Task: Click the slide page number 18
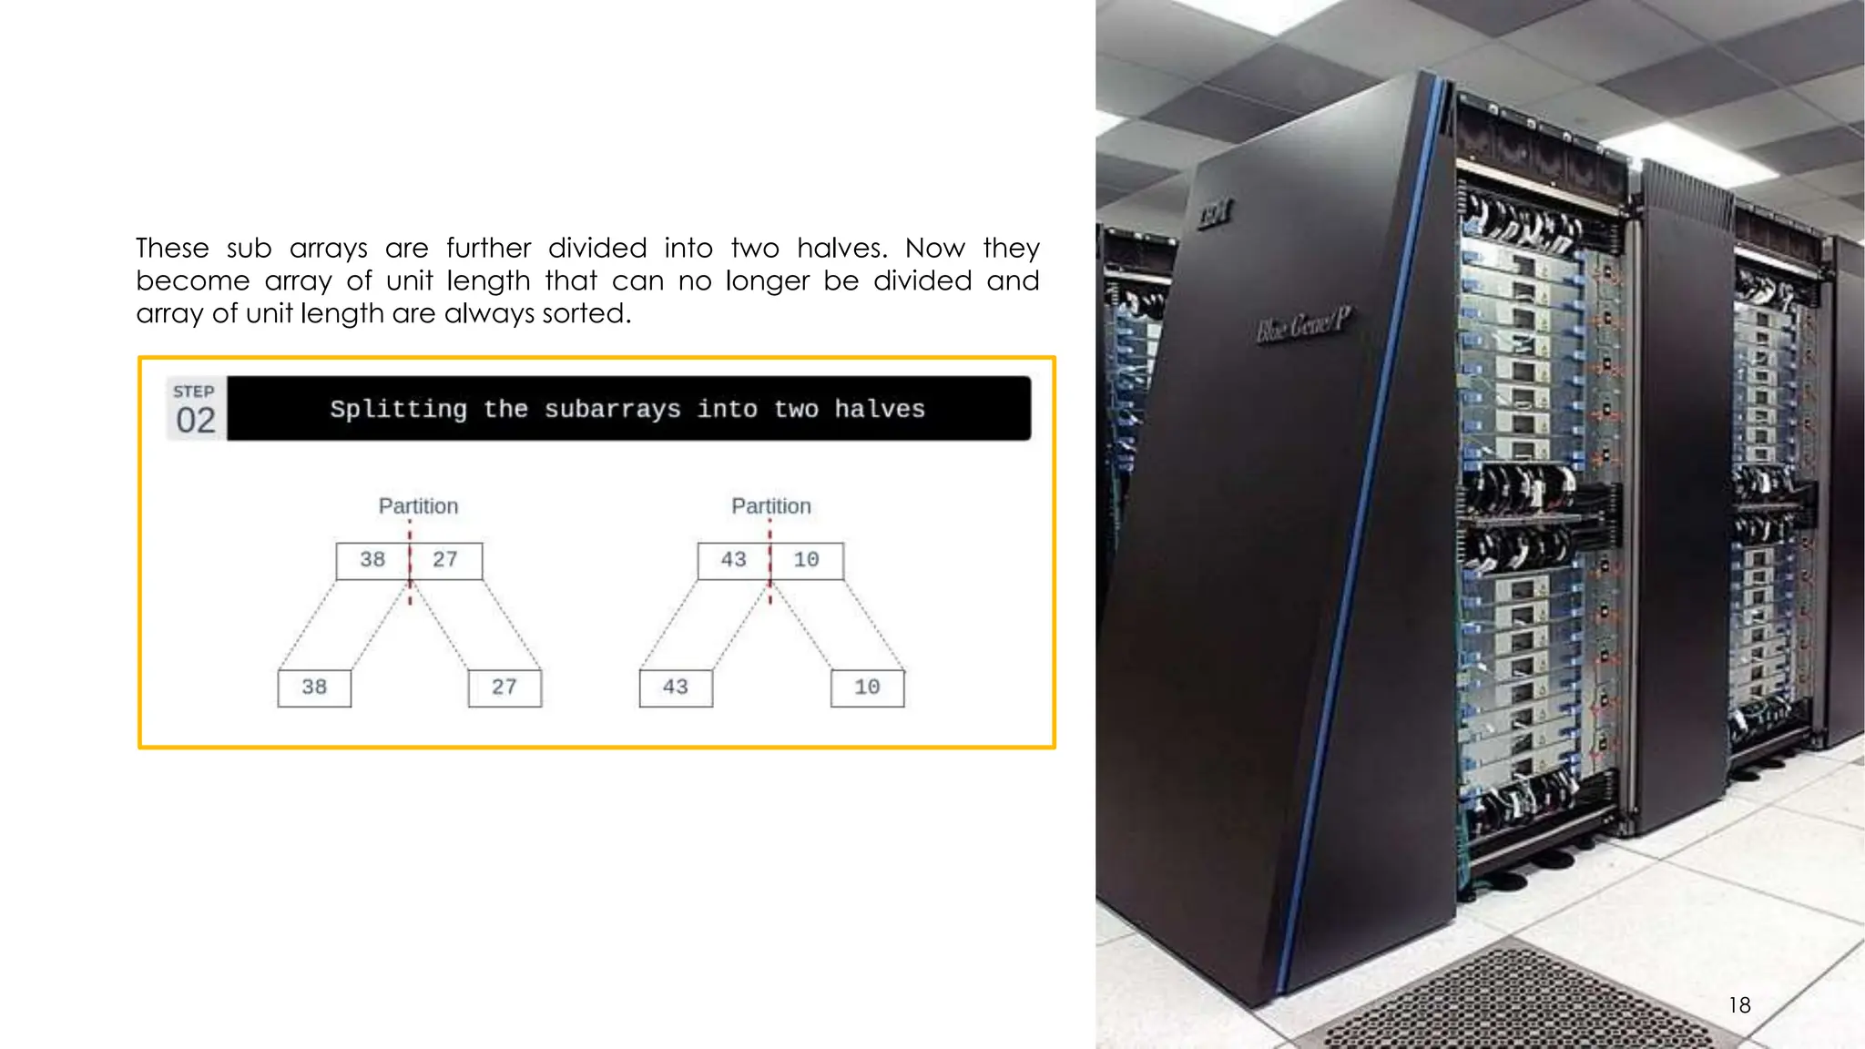click(1738, 1005)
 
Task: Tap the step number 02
click(196, 421)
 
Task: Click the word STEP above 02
click(194, 392)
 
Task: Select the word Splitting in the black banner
click(398, 410)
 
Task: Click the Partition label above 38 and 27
click(418, 506)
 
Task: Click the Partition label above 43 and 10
click(770, 506)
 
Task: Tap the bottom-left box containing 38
click(314, 687)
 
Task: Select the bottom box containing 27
click(504, 687)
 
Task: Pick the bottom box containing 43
click(676, 687)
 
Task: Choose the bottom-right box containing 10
click(867, 687)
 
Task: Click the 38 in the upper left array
click(372, 560)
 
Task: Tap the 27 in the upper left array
click(445, 560)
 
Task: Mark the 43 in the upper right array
click(734, 560)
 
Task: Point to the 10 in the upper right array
click(807, 560)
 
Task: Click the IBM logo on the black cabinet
click(1216, 214)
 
